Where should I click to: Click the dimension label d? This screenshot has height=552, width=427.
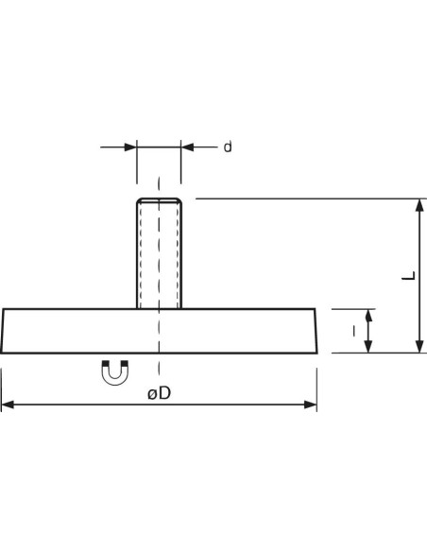pos(228,147)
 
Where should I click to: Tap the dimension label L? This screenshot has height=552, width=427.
pos(409,276)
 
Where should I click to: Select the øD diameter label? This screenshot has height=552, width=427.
pos(160,393)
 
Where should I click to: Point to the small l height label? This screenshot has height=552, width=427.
pos(354,331)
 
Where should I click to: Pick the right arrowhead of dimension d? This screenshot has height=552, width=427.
pos(187,147)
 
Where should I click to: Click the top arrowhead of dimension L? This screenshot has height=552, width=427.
pos(419,205)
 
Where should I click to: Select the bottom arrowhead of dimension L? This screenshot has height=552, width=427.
pos(419,346)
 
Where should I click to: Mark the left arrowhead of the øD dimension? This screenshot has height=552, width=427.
pos(8,405)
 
